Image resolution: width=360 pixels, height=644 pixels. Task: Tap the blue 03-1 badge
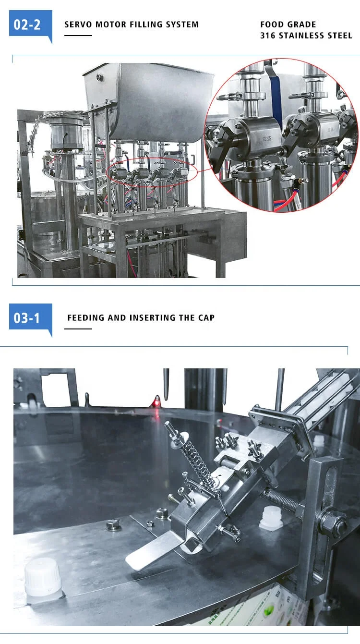30,318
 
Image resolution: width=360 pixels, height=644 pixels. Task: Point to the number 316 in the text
268,36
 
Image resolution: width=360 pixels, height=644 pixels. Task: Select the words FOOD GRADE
288,24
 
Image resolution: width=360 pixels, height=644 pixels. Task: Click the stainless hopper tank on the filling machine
149,101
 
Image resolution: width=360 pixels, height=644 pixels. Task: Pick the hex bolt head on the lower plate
113,525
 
